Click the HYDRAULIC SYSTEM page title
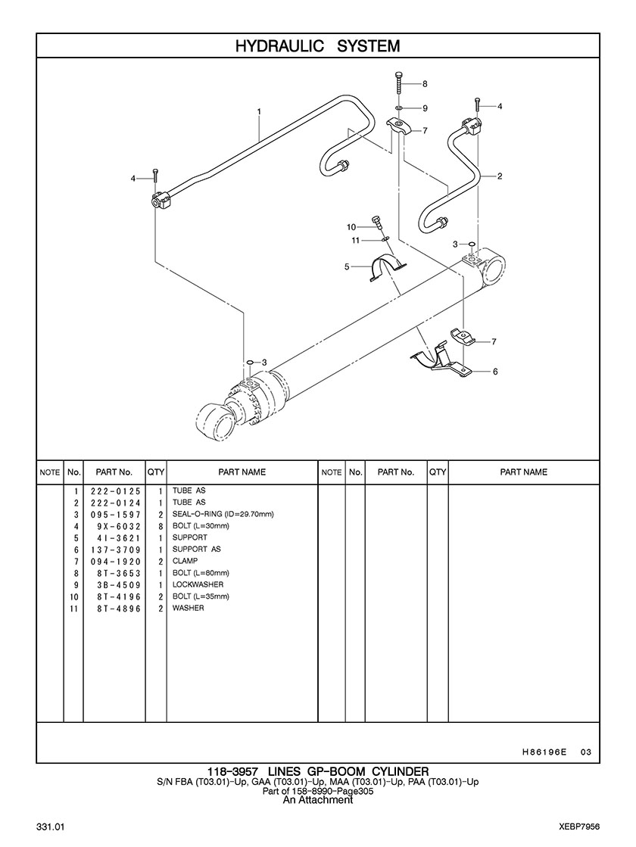point(317,46)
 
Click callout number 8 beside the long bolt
point(425,83)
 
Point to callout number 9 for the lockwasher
point(425,107)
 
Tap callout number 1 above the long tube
point(259,111)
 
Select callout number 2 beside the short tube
point(500,176)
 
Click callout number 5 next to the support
point(347,266)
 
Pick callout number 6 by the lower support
point(494,372)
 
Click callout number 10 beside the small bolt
point(351,227)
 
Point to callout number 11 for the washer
point(354,240)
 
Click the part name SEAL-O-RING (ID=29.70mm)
point(223,514)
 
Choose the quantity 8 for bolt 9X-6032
point(161,526)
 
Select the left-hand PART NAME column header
point(242,472)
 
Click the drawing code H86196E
point(544,752)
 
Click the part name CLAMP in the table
point(185,561)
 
